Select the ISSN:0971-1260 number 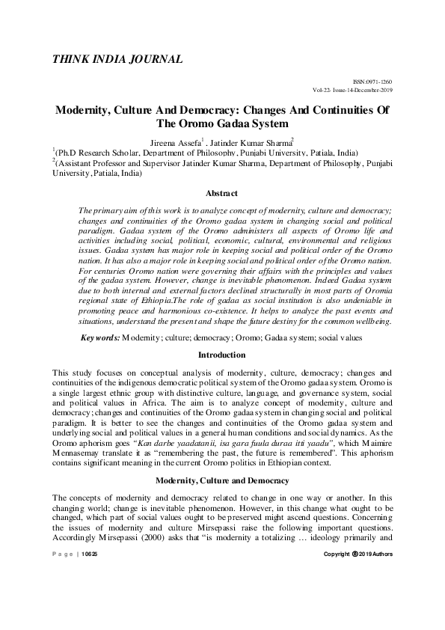tap(372, 81)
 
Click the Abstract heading tap(221, 194)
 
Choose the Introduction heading tap(221, 354)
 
